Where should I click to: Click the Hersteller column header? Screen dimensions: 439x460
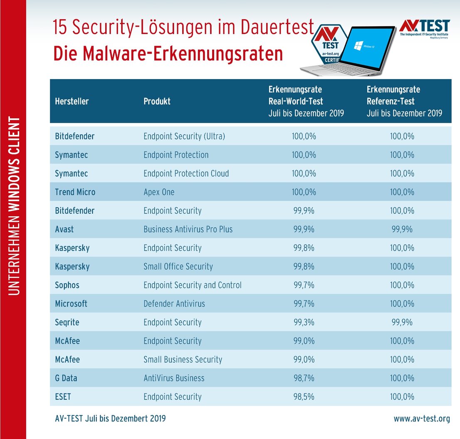click(72, 101)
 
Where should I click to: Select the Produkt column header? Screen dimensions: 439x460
click(157, 101)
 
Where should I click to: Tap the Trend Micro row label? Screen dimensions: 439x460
click(75, 192)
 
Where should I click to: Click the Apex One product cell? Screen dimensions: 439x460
click(159, 192)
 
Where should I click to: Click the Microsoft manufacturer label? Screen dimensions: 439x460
click(71, 304)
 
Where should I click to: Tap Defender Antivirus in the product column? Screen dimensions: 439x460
click(174, 304)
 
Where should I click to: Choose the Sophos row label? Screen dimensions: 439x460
click(67, 285)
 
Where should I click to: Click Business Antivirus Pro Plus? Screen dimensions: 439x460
click(188, 229)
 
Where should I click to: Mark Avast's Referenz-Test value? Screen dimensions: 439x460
click(402, 229)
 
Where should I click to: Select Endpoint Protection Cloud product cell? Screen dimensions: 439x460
click(186, 174)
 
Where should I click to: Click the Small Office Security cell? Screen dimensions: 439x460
click(178, 267)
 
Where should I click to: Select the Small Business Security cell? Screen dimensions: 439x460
click(183, 360)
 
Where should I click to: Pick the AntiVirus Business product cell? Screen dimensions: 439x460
click(174, 378)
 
